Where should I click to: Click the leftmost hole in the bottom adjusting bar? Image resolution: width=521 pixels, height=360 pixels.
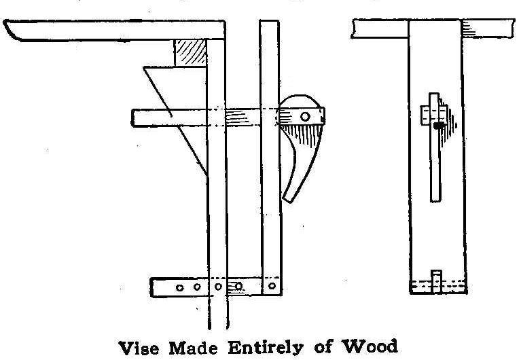pos(179,287)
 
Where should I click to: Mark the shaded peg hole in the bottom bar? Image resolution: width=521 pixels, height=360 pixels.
pos(238,287)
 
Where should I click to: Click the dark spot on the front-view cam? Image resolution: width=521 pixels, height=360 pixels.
pos(441,125)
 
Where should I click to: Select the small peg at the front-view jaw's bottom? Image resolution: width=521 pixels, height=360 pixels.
pos(437,276)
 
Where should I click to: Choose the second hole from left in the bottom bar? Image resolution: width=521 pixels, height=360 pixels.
pos(196,287)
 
